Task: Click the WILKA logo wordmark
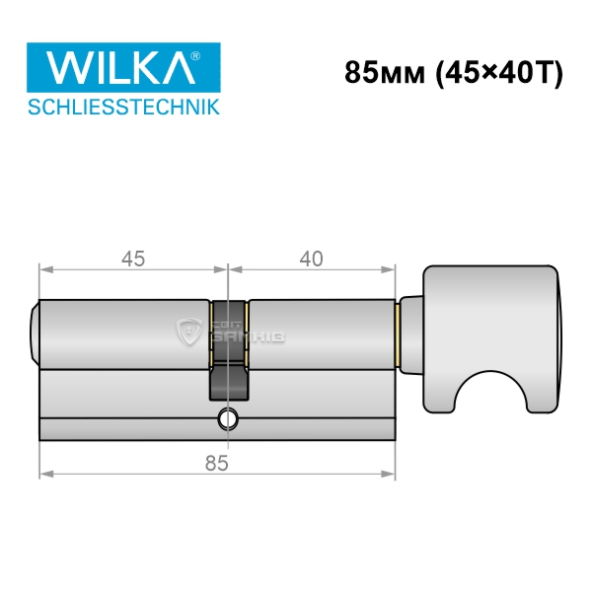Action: (120, 67)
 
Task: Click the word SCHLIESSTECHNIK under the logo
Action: (123, 107)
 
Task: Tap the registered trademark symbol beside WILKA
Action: (194, 56)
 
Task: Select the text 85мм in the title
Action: (385, 72)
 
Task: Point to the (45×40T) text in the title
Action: (499, 73)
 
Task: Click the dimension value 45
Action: (133, 259)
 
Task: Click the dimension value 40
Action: (312, 259)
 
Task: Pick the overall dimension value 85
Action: (217, 463)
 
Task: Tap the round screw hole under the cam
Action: (228, 419)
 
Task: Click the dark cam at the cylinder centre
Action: (229, 350)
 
